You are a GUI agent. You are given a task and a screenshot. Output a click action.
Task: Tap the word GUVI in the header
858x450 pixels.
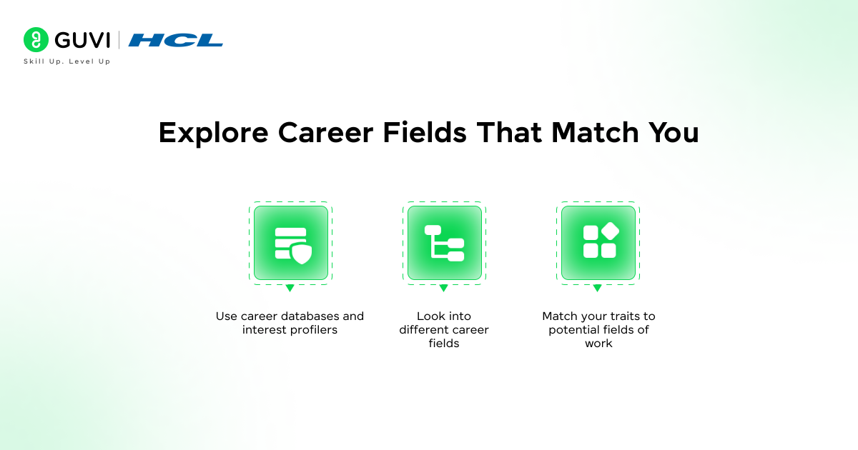81,40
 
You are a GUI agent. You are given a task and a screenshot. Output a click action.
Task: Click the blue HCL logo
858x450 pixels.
176,40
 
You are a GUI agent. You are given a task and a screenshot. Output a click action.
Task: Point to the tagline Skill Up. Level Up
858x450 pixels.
67,61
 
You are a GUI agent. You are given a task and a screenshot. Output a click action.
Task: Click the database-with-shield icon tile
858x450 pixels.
290,243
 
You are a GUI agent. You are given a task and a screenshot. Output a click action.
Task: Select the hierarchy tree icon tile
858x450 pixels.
444,243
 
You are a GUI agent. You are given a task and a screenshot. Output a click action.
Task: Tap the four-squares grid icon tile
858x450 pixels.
598,243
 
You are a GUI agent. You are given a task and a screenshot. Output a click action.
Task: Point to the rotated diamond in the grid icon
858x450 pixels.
609,231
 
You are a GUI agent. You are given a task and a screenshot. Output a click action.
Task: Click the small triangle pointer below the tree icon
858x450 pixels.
443,289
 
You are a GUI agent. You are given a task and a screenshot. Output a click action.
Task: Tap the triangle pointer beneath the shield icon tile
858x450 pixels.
290,289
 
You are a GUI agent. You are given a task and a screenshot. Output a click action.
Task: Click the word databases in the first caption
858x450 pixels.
305,316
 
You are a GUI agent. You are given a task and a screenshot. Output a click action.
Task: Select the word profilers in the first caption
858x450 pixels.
310,329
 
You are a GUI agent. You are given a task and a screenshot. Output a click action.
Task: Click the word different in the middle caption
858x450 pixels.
422,329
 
